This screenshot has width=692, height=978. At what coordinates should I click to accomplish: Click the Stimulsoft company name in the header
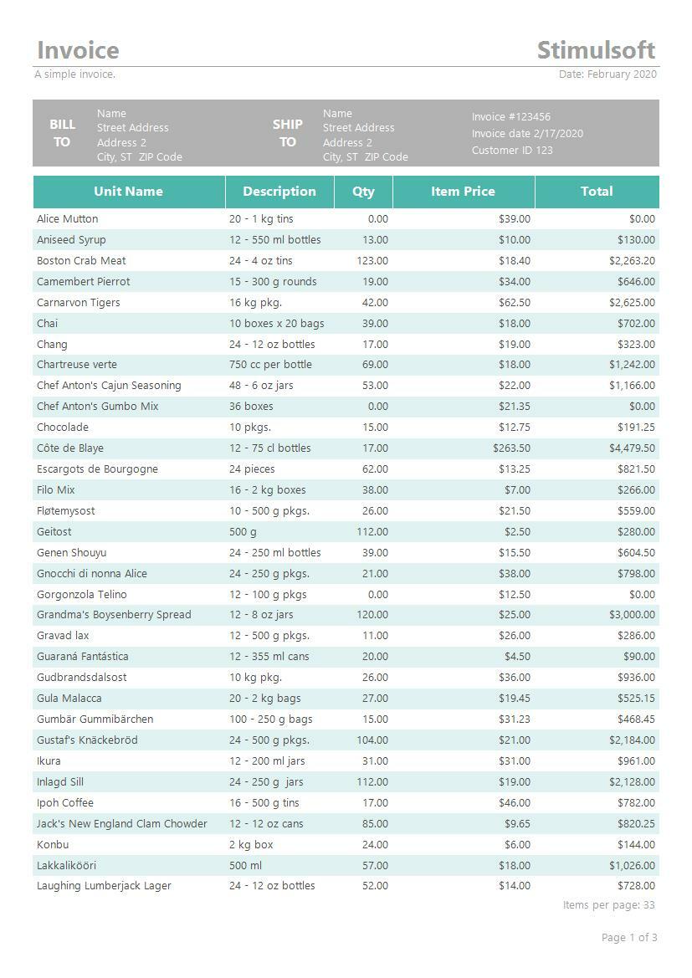tap(596, 50)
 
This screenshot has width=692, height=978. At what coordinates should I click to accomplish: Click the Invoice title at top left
tap(78, 50)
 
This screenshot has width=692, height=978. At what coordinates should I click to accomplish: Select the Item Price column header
tap(463, 192)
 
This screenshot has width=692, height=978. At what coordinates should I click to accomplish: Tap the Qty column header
tap(363, 192)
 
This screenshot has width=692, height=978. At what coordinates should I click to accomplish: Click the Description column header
tap(279, 192)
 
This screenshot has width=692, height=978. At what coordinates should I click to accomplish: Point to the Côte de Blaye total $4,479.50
tap(632, 448)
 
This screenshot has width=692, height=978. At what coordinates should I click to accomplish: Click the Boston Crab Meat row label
tap(81, 261)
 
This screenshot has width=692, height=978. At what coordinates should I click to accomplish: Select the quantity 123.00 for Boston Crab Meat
tap(372, 261)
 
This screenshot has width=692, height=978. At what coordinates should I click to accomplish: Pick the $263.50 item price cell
tap(511, 448)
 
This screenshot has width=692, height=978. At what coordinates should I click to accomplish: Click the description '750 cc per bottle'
tap(270, 365)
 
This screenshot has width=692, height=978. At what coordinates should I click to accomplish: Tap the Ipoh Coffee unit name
tap(65, 803)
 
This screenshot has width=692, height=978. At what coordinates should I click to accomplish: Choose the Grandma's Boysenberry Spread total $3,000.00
tap(632, 615)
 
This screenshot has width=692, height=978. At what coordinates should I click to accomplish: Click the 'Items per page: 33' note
tap(609, 905)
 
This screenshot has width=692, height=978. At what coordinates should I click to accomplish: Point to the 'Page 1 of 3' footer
tap(629, 938)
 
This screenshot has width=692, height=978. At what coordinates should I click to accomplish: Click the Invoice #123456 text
tap(510, 117)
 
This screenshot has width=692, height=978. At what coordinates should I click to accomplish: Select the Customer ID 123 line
tap(512, 151)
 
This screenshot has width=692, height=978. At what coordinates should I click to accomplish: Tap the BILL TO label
tap(62, 133)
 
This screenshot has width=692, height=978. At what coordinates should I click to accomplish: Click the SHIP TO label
tap(287, 133)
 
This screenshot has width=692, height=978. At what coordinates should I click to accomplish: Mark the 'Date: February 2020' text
tap(607, 74)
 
